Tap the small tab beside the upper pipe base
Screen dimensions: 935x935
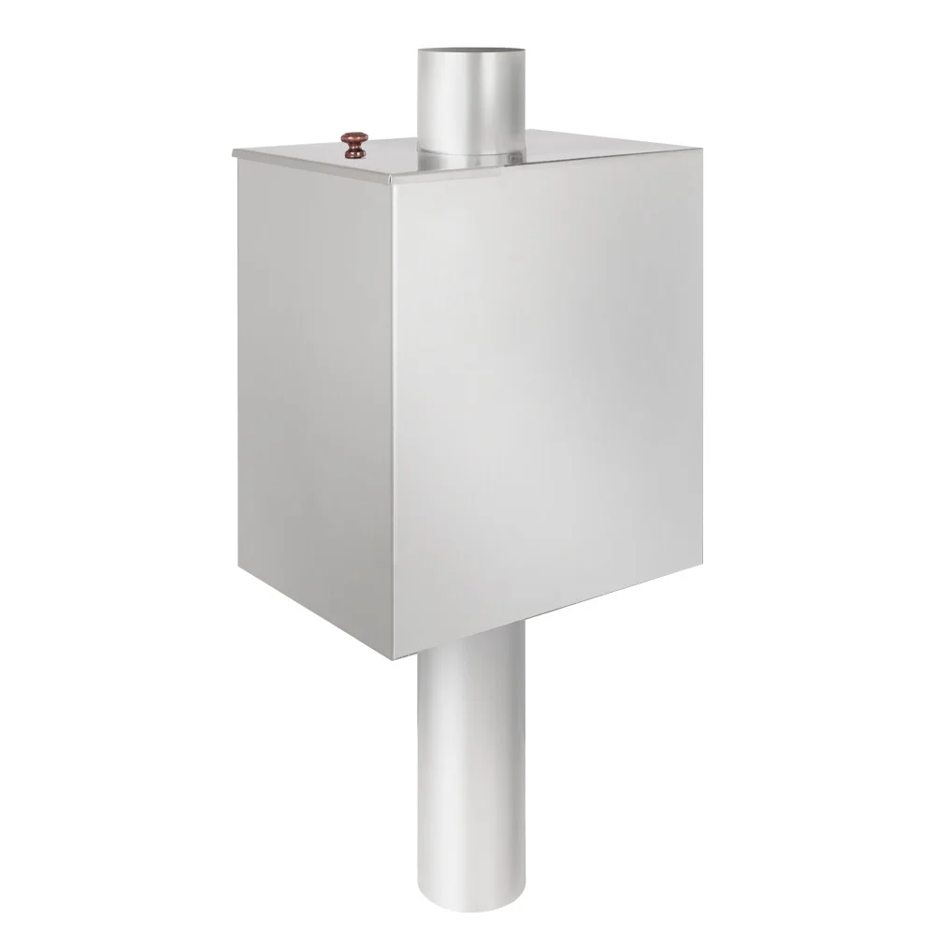click(512, 163)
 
